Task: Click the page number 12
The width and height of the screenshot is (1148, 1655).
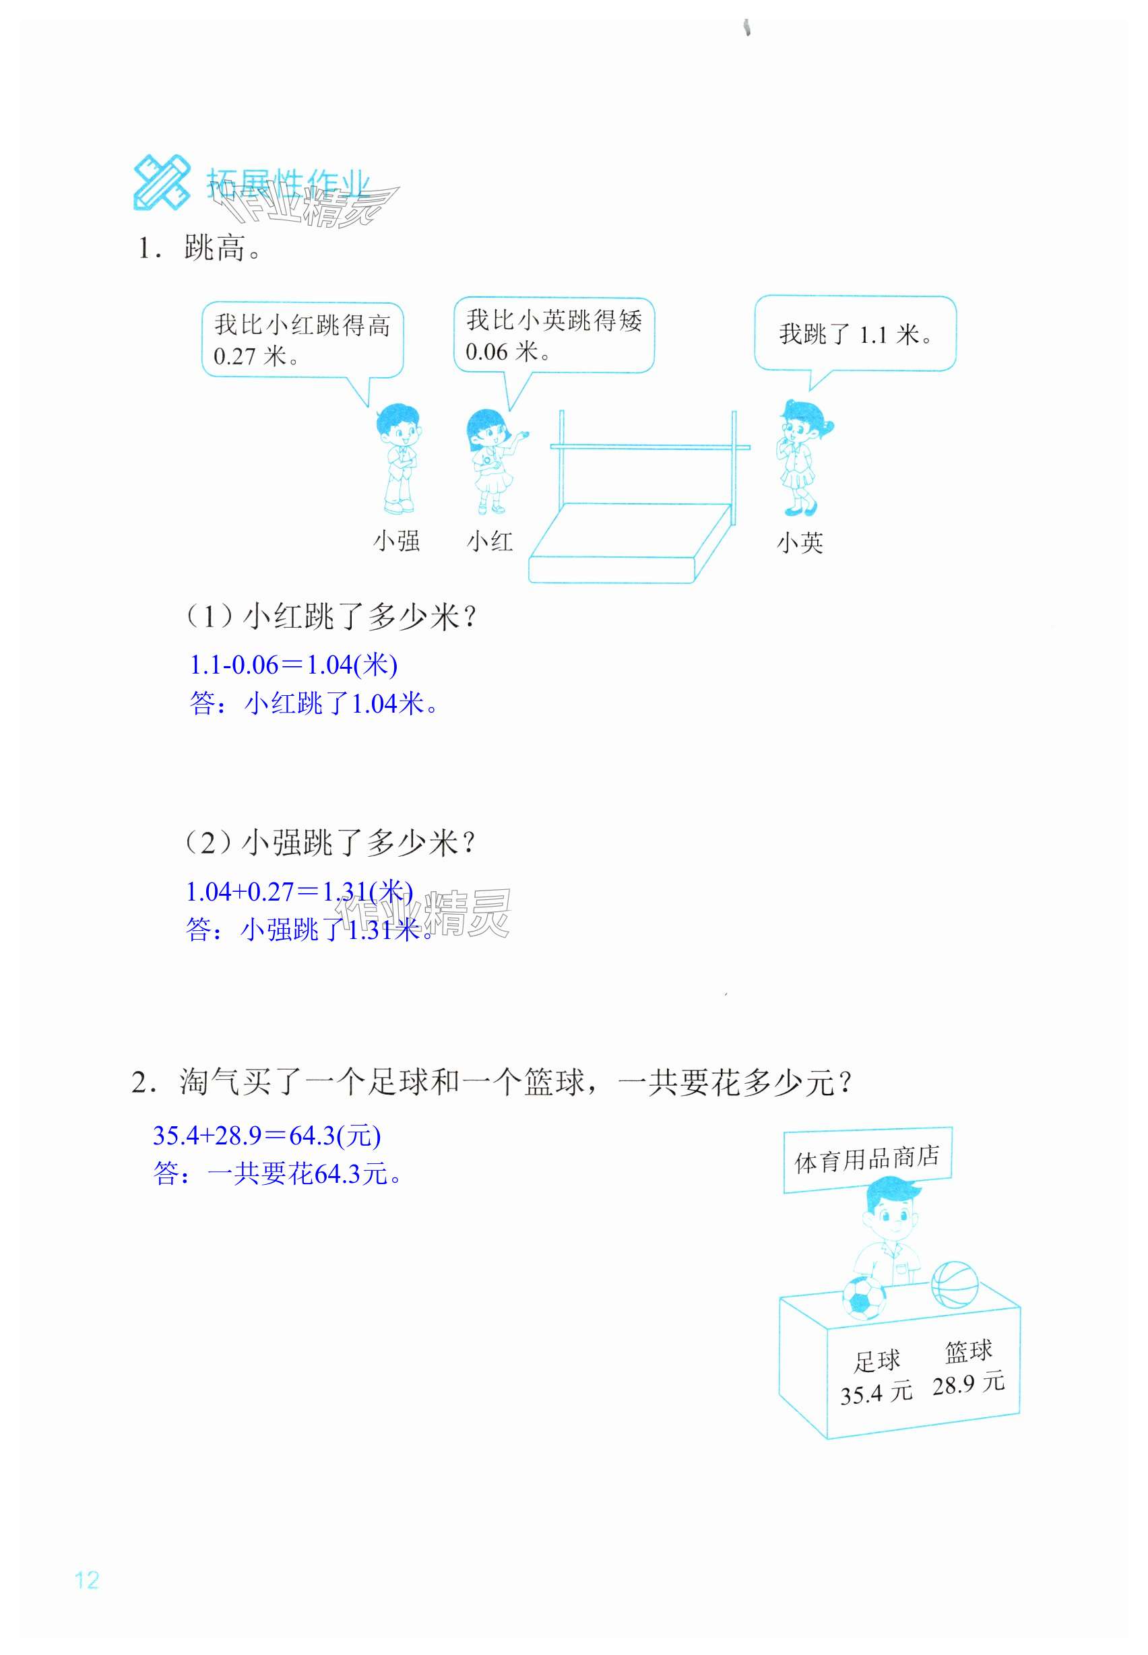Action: coord(86,1580)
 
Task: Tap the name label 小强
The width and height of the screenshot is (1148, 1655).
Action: coord(396,541)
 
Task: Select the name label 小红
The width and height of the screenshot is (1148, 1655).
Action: coord(490,541)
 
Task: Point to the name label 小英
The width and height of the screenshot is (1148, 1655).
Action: coord(800,542)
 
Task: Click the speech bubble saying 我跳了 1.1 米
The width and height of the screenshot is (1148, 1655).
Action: coord(855,333)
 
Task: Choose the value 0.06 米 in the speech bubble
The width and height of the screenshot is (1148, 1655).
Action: coord(508,352)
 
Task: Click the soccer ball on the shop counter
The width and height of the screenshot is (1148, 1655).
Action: coord(864,1297)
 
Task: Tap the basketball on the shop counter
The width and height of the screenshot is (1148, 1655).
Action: coord(955,1284)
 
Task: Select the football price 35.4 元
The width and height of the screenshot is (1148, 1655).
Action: coord(876,1393)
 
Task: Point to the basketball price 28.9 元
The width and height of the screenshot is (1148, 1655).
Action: coord(968,1383)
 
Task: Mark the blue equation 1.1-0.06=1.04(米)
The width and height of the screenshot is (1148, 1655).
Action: coord(293,665)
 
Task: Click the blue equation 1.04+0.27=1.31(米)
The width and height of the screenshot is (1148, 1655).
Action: coord(298,891)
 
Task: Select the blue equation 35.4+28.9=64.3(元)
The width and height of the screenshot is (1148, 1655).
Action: coord(266,1135)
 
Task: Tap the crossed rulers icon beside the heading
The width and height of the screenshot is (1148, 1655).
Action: coord(162,182)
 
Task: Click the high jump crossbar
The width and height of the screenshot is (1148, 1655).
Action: coord(649,447)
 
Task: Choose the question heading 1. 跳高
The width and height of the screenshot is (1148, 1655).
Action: coord(200,248)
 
